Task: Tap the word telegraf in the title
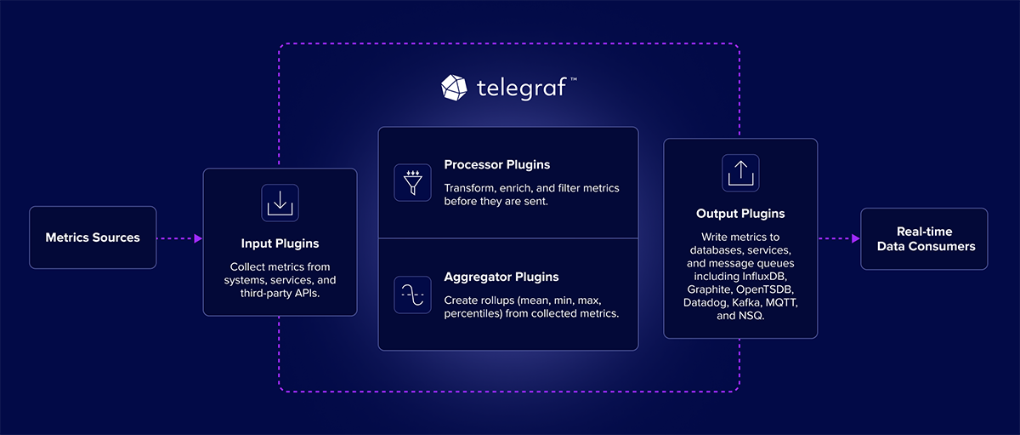tap(521, 88)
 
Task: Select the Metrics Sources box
tap(93, 238)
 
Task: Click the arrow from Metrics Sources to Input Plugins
tap(179, 238)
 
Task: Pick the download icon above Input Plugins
tap(280, 203)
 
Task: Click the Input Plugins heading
tap(280, 243)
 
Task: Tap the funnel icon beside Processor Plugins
tap(413, 182)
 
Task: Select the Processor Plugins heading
tap(497, 164)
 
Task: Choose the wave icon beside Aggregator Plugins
tap(413, 295)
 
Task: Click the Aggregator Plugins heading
tap(501, 277)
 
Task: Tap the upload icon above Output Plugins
tap(740, 173)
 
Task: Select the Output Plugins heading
tap(740, 214)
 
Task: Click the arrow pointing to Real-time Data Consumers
tap(838, 238)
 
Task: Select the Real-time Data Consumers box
tap(924, 238)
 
